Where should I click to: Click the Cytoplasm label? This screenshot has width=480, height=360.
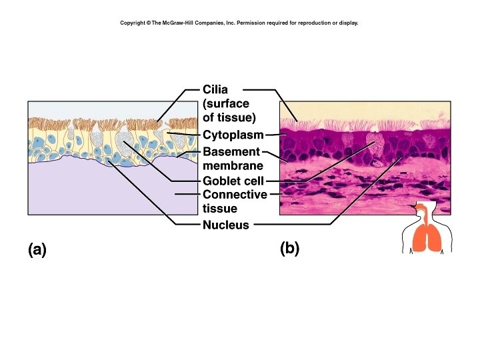[x=233, y=135]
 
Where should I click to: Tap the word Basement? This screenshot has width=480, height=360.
[x=231, y=152]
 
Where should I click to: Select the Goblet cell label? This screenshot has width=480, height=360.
[x=233, y=181]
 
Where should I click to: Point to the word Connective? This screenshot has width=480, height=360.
[x=235, y=195]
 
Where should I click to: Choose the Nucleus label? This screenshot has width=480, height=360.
[x=225, y=225]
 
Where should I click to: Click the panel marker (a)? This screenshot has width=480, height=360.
[x=37, y=249]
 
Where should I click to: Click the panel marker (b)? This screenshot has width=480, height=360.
[x=290, y=249]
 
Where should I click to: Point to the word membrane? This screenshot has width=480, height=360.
[x=233, y=165]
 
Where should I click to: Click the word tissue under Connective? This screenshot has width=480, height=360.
[x=219, y=209]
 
